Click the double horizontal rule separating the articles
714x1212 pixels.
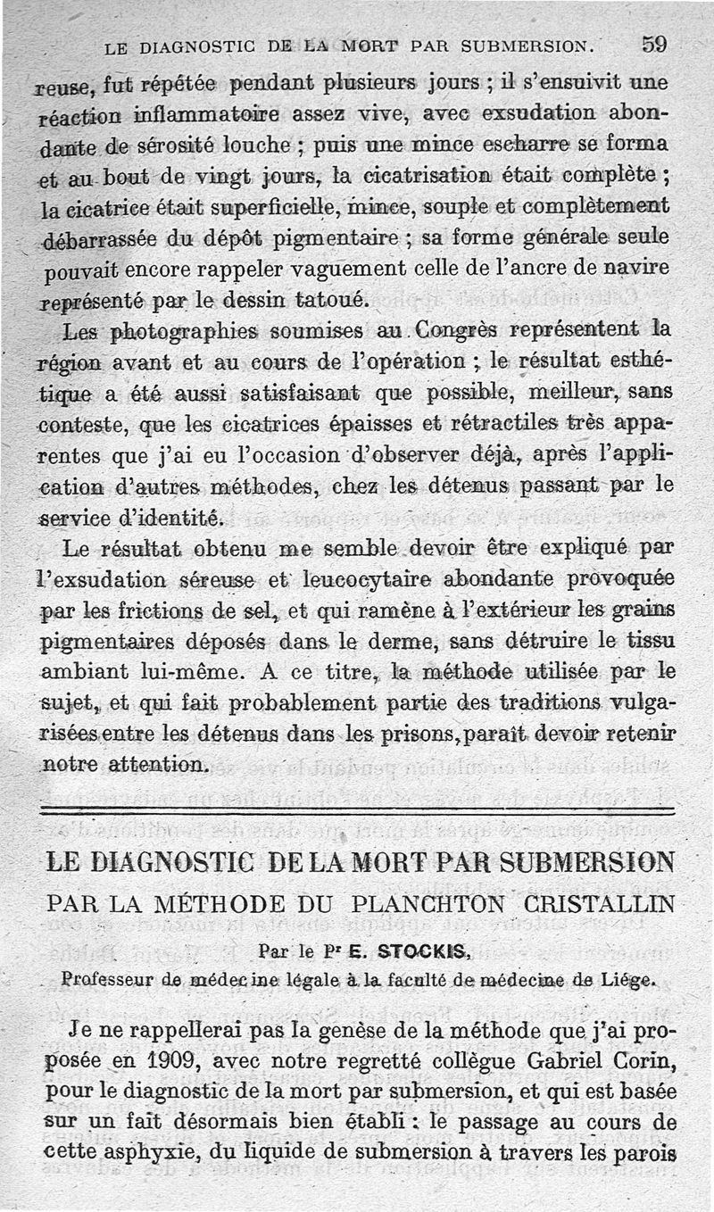pos(357,809)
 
